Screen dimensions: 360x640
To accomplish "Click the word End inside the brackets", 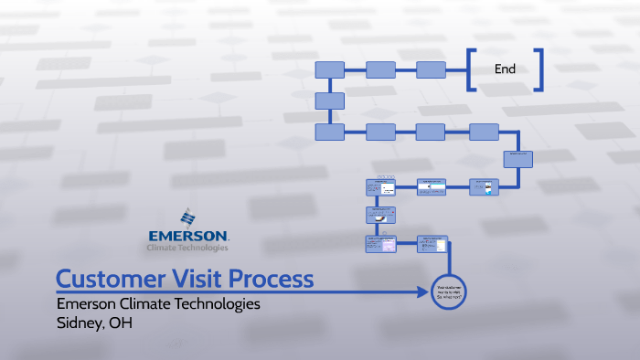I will point(505,69).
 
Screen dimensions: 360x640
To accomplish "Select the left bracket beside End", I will point(470,69).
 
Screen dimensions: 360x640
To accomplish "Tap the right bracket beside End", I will point(539,69).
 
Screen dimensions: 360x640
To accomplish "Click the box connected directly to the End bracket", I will point(431,69).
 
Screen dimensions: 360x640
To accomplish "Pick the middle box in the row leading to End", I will point(380,69).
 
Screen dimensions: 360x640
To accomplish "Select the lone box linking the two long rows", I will point(329,101).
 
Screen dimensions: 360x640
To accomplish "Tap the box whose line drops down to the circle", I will point(433,244).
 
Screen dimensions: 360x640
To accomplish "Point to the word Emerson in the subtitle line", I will point(89,303).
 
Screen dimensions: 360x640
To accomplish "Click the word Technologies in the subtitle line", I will point(216,303).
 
